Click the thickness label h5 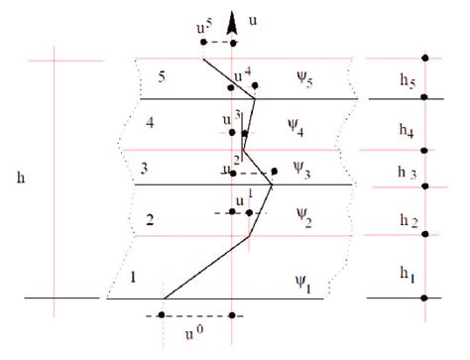(410, 82)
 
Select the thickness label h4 (408, 130)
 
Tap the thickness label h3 (408, 174)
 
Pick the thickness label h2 (408, 219)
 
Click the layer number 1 (133, 277)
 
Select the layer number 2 (150, 220)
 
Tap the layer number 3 (145, 168)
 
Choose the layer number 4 (149, 124)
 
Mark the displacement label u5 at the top (203, 28)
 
